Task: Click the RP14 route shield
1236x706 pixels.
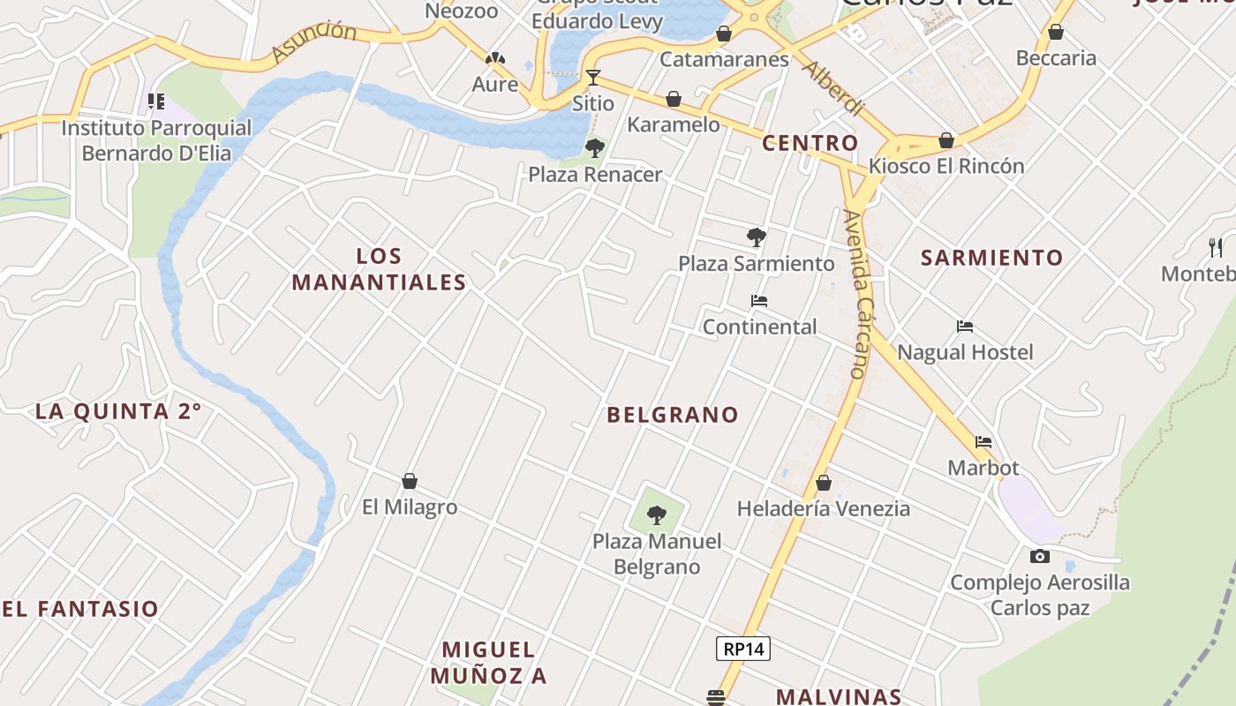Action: (742, 650)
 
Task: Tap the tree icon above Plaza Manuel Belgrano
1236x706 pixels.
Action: (657, 514)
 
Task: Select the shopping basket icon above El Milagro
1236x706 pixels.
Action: (410, 481)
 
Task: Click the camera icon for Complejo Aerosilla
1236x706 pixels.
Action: (1040, 556)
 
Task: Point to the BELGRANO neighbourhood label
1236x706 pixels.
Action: (672, 415)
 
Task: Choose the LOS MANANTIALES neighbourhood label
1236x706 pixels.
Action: (379, 269)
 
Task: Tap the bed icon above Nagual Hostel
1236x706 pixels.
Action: (965, 327)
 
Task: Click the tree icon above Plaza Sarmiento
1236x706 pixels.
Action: (756, 237)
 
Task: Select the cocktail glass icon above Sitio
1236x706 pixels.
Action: (593, 78)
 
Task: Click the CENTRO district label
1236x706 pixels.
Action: (810, 143)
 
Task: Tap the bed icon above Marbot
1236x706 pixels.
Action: (984, 441)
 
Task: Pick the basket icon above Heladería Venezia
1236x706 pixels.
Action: (824, 483)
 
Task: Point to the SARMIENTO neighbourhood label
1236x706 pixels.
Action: (992, 258)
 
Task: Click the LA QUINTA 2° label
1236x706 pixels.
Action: (118, 411)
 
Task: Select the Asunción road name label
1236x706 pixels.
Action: (314, 43)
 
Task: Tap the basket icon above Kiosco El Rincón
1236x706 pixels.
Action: (946, 140)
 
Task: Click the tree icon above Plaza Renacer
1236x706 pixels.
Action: (595, 147)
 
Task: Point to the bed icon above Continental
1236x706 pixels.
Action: (759, 301)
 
